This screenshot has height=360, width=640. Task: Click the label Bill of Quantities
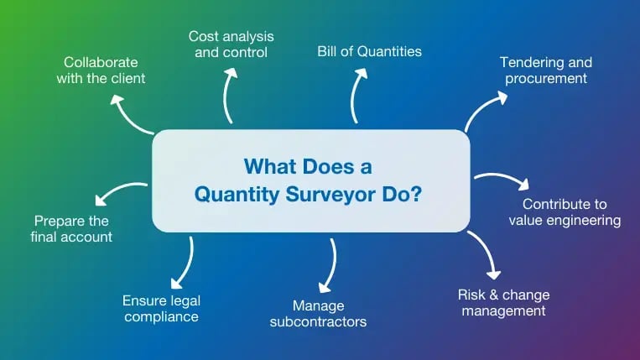click(369, 52)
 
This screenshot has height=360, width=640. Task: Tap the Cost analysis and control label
click(231, 44)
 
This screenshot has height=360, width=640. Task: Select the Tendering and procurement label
click(545, 70)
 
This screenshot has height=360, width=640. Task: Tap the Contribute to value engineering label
click(565, 212)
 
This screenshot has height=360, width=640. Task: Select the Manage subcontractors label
click(318, 313)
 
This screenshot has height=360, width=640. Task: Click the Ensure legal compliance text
click(160, 308)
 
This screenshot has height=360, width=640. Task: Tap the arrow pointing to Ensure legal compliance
click(185, 263)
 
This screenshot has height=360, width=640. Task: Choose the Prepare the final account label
click(72, 228)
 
